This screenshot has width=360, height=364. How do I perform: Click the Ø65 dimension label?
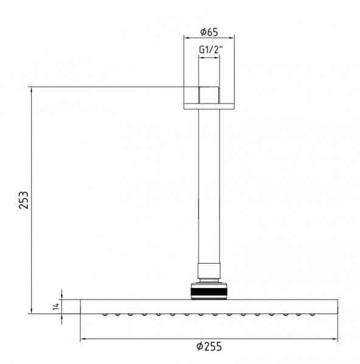click(209, 32)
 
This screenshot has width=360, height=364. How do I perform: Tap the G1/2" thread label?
click(211, 49)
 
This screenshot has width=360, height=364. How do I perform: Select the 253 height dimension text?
click(24, 200)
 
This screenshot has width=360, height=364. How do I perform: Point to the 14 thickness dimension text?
click(56, 306)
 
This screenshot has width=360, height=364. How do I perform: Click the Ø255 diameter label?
click(209, 346)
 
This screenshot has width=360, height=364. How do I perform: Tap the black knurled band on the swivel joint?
click(209, 292)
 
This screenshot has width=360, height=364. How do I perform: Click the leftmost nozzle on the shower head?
click(105, 315)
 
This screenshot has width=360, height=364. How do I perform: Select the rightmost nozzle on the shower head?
click(313, 315)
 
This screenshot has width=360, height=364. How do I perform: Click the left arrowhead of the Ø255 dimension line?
click(83, 339)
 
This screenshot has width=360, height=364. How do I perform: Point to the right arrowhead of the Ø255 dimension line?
click(334, 339)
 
